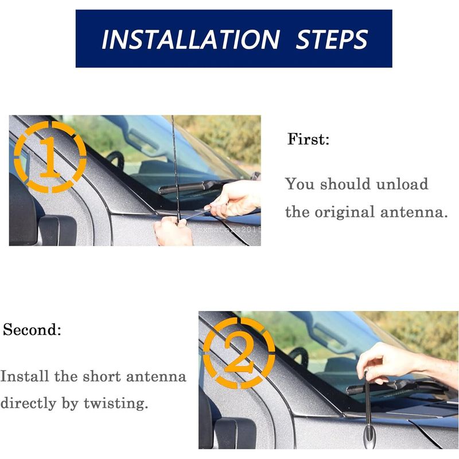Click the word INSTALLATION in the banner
tap(190, 39)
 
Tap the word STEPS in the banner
tap(332, 39)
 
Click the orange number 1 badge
tap(50, 157)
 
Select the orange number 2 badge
tap(239, 353)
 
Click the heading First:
tap(308, 139)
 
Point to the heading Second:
tap(32, 329)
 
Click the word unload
tap(402, 184)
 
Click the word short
tap(102, 376)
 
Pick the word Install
tap(25, 376)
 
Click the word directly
tap(28, 403)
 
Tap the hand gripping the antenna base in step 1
tap(173, 231)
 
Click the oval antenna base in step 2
tap(369, 436)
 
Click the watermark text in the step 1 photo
tap(229, 230)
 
